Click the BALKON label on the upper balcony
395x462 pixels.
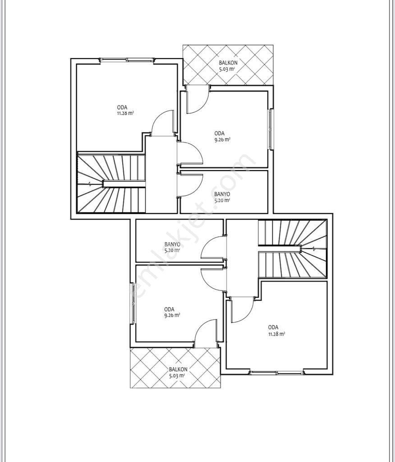click(x=228, y=63)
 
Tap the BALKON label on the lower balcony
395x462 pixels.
click(x=178, y=370)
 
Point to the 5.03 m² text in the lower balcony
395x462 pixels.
click(x=177, y=376)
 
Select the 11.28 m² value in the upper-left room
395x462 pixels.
click(x=125, y=113)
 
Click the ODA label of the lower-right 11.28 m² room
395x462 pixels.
click(x=273, y=328)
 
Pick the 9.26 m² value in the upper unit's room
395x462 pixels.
click(x=222, y=140)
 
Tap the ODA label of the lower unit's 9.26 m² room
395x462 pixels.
click(x=169, y=310)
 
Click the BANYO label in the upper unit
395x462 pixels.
click(x=222, y=194)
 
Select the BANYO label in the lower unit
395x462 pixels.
click(x=172, y=244)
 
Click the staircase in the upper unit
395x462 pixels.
click(x=111, y=183)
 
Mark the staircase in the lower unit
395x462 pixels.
click(x=293, y=249)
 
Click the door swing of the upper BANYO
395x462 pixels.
click(x=191, y=185)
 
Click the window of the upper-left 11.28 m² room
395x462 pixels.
click(x=127, y=60)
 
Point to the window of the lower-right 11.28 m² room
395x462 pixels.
click(x=276, y=373)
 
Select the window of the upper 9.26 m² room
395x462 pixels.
click(x=271, y=129)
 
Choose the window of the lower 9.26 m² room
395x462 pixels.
click(x=133, y=303)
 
